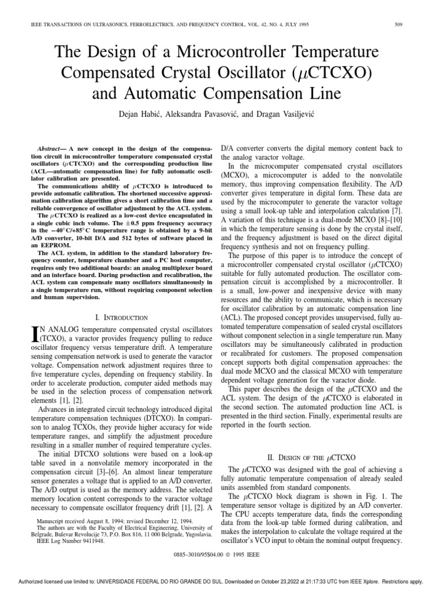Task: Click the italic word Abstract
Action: tap(48, 149)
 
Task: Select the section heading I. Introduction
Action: tap(120, 317)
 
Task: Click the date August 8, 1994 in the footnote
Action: tap(93, 520)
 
